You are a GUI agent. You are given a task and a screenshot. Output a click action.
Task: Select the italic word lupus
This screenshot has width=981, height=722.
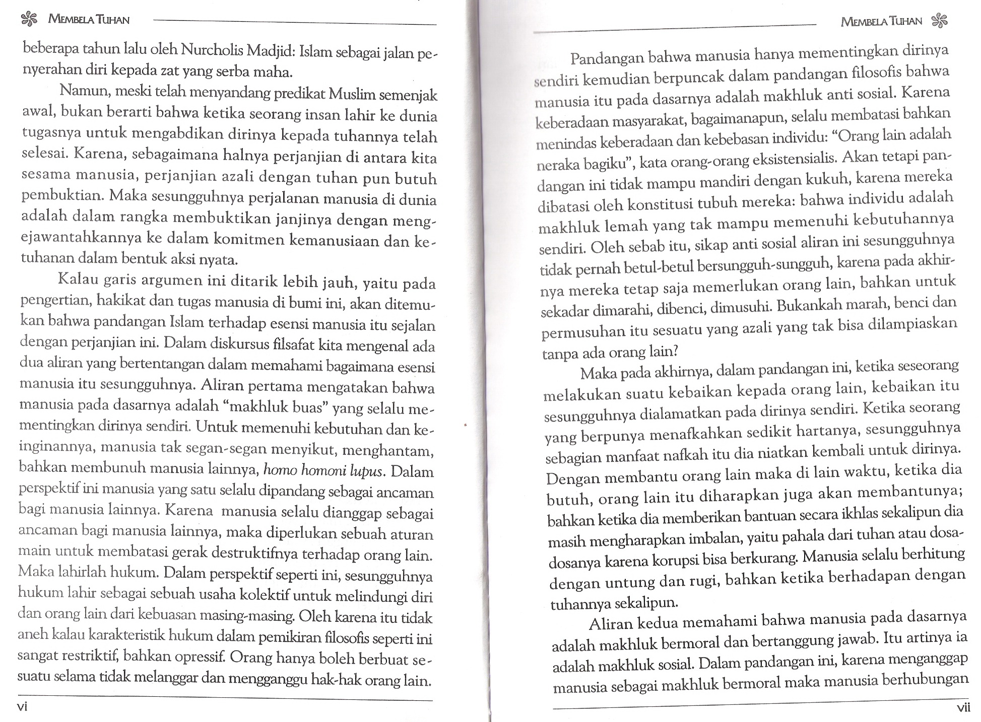(x=369, y=471)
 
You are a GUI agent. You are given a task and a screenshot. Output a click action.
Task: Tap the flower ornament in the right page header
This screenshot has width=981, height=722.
(x=940, y=21)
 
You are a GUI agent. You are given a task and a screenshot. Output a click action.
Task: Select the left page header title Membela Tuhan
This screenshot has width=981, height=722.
(x=88, y=20)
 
